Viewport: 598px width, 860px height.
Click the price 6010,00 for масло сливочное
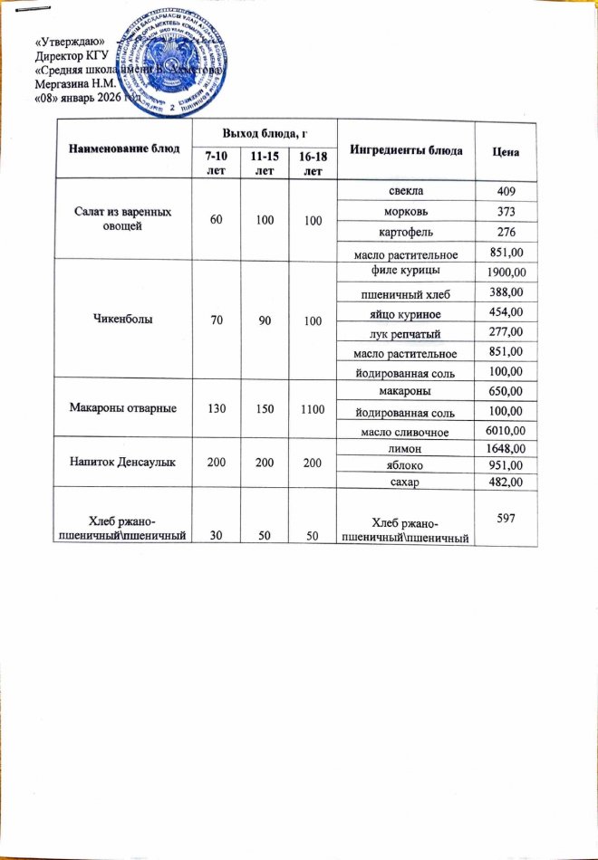506,429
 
